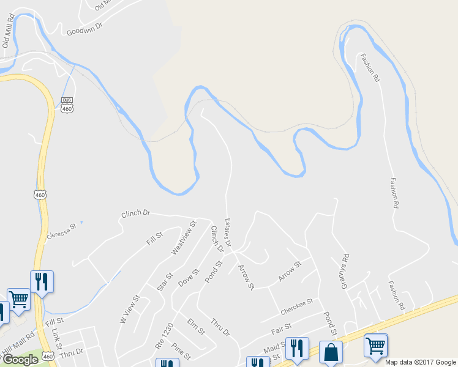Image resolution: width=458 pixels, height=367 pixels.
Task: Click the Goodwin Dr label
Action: coord(84,28)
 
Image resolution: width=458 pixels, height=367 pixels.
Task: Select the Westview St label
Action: coord(183,239)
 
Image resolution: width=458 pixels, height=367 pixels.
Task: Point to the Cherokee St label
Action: coord(296,306)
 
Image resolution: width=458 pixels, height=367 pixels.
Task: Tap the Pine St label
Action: coord(181,350)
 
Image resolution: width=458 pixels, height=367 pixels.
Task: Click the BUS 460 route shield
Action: coord(67,105)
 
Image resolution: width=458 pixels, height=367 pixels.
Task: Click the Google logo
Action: coord(20,360)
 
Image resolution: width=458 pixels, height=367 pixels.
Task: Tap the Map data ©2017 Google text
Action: coord(420,361)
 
